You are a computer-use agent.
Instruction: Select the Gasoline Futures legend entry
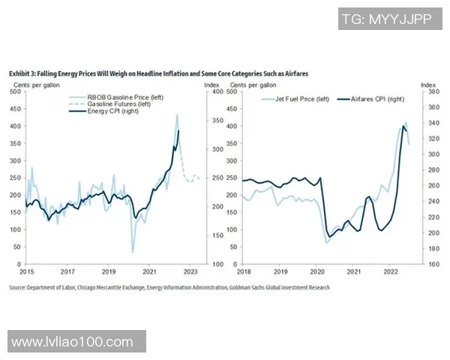tap(123, 105)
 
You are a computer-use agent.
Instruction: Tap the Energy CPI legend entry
tap(114, 112)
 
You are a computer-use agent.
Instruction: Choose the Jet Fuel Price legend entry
tap(301, 99)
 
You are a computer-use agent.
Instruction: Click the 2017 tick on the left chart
tap(67, 271)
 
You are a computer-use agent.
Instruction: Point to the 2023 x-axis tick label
tap(190, 271)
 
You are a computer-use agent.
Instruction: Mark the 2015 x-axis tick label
tap(26, 271)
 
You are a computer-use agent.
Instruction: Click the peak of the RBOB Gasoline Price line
tap(177, 115)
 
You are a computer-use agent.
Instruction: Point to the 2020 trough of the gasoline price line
tap(133, 252)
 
